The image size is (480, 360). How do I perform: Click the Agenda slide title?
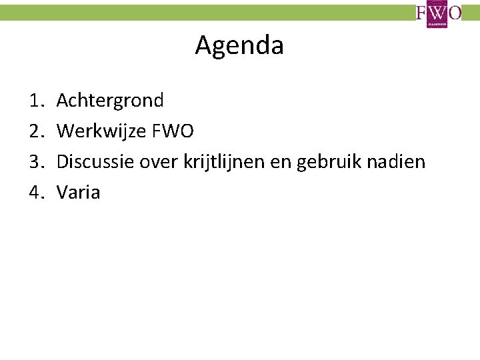point(239,45)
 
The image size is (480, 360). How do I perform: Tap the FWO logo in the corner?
point(439,13)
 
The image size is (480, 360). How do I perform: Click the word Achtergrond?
point(110,101)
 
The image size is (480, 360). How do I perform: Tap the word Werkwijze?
point(100,131)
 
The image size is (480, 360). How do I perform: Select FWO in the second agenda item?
point(173,131)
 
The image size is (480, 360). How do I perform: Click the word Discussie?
point(95,162)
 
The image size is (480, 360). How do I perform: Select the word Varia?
point(79,193)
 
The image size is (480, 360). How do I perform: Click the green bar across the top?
point(200,13)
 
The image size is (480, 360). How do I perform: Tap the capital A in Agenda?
point(203,45)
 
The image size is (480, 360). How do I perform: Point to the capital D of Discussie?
point(63,162)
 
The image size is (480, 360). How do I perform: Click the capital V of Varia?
point(63,193)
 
